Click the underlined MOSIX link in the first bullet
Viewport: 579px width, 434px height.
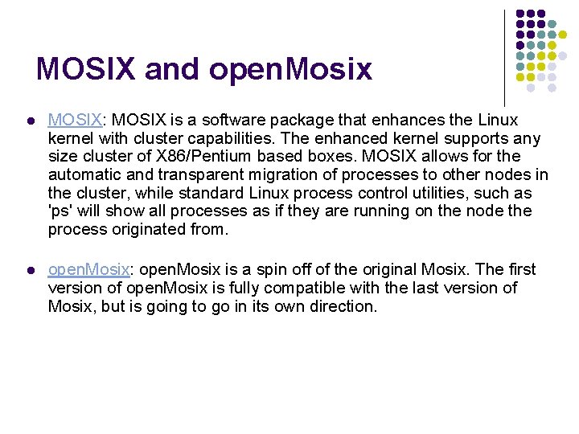click(x=75, y=120)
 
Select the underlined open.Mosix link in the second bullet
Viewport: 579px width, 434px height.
click(x=88, y=269)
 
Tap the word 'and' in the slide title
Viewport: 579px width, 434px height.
click(x=173, y=69)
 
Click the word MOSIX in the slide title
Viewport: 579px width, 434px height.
click(x=86, y=69)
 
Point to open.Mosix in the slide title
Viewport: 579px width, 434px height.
click(x=290, y=70)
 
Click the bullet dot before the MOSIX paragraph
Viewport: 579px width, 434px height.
click(x=30, y=121)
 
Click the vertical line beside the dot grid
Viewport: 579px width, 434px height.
click(x=504, y=56)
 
